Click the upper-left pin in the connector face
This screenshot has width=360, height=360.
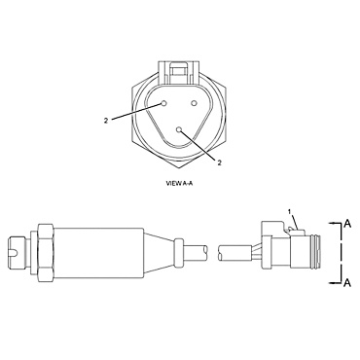tap(165, 102)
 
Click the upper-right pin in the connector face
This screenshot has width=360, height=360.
tap(195, 102)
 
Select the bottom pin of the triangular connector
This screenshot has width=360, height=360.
tap(179, 129)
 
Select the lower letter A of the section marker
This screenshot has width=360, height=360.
tap(346, 282)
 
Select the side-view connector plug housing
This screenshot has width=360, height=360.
tap(292, 252)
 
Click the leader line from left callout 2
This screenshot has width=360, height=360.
tap(136, 112)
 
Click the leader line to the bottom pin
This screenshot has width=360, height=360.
tap(199, 146)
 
